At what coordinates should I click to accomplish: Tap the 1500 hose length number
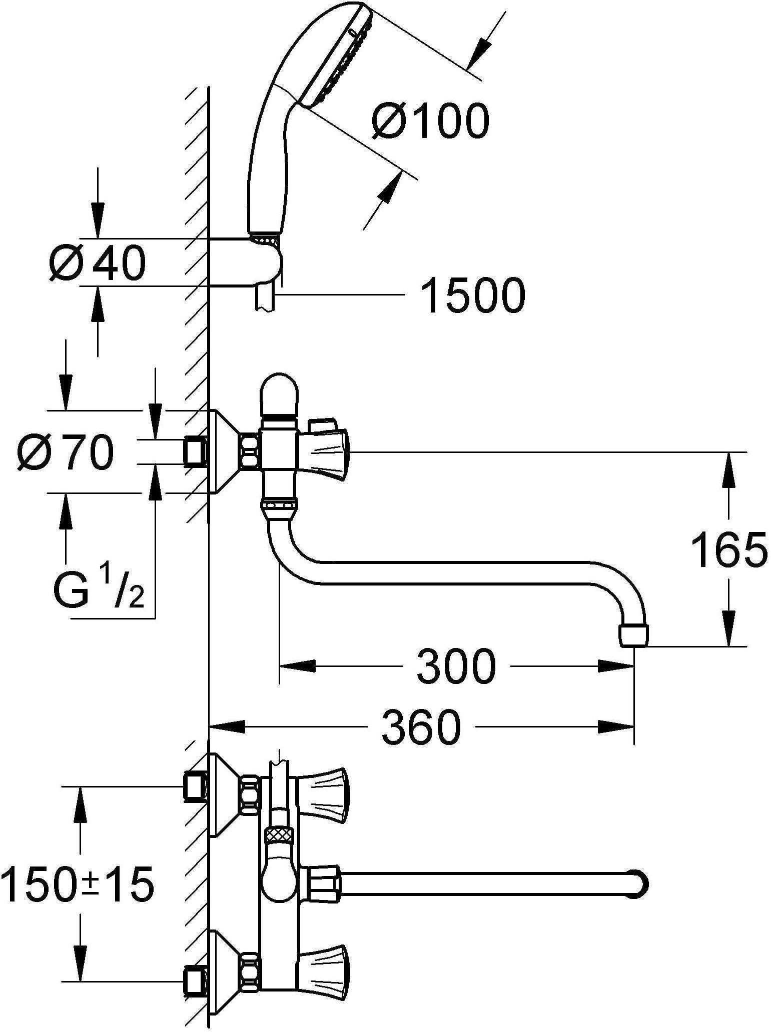click(473, 296)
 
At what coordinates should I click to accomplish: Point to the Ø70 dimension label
click(65, 451)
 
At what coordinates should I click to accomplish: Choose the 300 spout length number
click(455, 666)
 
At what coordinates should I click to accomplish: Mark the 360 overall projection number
click(420, 726)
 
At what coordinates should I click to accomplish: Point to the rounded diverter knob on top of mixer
click(279, 392)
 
